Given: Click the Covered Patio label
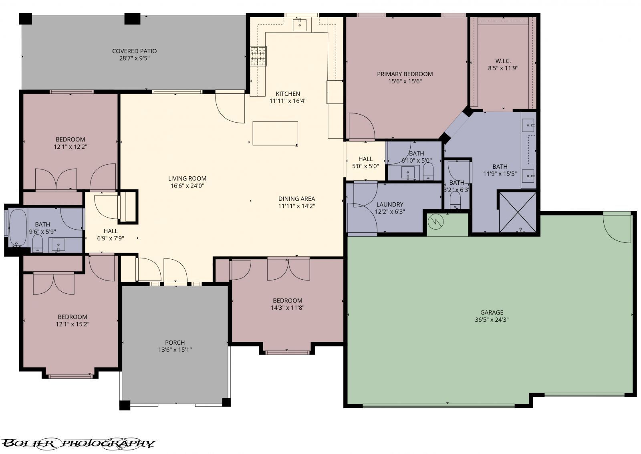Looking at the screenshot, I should click(x=134, y=51).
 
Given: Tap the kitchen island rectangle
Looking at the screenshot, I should click(x=275, y=133).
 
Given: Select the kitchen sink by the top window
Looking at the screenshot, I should click(x=299, y=24).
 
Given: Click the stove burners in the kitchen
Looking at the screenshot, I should click(x=258, y=56).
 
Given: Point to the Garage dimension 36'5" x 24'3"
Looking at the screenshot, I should click(x=492, y=320).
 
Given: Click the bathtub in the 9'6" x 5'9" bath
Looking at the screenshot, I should click(x=18, y=228).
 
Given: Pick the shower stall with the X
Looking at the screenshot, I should click(x=517, y=212).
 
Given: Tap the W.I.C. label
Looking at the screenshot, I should click(x=503, y=61).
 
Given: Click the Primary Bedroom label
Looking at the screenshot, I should click(x=405, y=74).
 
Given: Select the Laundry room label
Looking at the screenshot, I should click(x=389, y=204).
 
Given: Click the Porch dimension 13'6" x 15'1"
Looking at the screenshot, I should click(x=175, y=350).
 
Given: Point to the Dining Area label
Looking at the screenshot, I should click(x=296, y=199).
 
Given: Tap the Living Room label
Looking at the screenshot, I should click(x=187, y=179).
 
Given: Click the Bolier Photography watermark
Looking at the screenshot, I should click(x=78, y=443).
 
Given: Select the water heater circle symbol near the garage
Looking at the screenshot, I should click(x=435, y=220).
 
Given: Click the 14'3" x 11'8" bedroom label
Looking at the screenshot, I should click(x=287, y=301).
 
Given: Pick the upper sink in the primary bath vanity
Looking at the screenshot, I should click(x=528, y=125).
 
